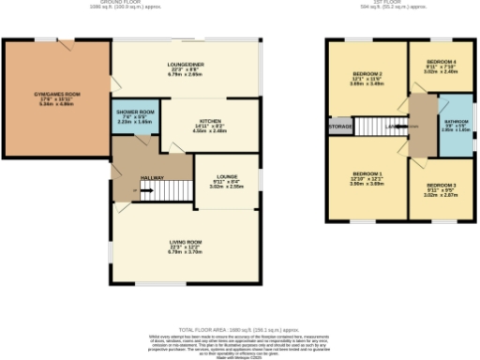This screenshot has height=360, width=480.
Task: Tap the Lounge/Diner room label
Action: [x=186, y=64]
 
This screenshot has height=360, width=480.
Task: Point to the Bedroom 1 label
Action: [x=367, y=174]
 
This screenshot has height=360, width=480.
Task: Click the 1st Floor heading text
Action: [x=399, y=3]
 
